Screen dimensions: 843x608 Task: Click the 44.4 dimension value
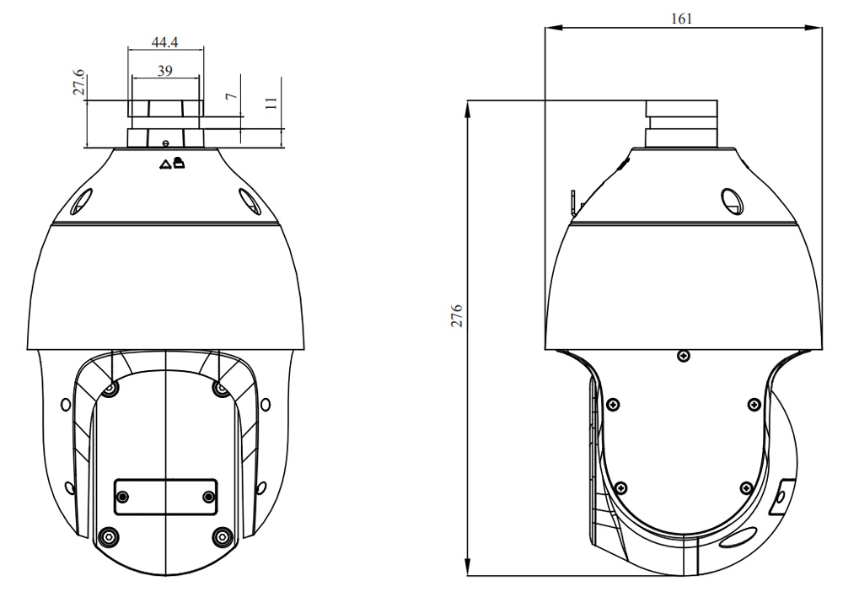click(165, 42)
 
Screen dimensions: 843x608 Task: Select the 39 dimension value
click(165, 71)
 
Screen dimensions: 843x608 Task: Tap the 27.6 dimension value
click(78, 82)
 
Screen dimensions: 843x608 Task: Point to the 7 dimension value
click(231, 96)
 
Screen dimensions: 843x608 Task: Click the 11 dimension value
click(271, 103)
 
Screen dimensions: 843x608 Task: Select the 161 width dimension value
click(681, 19)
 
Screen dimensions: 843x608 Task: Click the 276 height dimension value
click(456, 315)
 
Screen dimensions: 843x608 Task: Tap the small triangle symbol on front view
click(165, 164)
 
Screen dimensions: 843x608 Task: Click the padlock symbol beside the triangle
click(179, 162)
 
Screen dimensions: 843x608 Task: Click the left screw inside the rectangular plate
click(123, 497)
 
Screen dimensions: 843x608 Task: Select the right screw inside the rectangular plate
click(208, 497)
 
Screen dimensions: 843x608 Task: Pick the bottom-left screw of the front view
click(109, 536)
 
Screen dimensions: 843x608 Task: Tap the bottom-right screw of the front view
click(222, 536)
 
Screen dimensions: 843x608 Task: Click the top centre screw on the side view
click(684, 355)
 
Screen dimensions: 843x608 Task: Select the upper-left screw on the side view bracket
click(613, 404)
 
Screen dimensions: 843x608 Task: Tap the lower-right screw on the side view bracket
click(746, 488)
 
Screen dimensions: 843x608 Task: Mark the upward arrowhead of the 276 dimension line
click(468, 110)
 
